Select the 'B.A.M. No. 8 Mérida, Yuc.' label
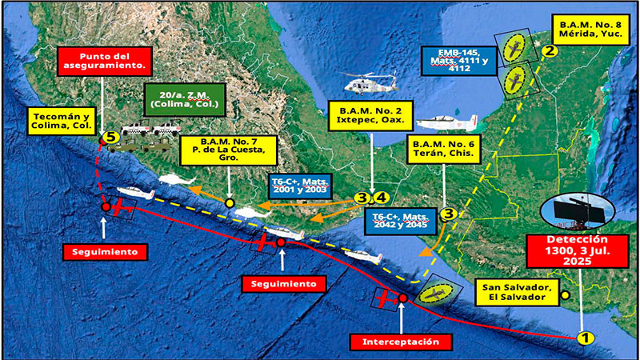coord(593,26)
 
